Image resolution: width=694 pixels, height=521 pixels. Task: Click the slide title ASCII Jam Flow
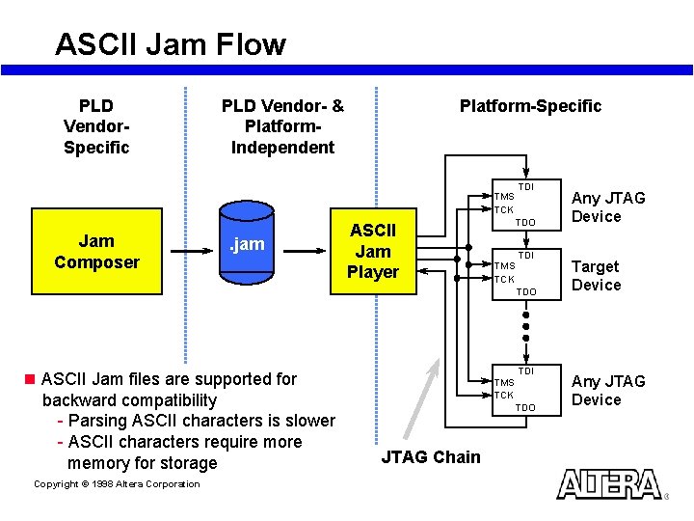[171, 44]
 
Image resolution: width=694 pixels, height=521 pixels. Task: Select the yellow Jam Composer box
[96, 252]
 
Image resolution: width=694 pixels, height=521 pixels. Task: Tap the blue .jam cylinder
[247, 245]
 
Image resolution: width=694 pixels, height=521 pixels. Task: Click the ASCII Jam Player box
[374, 252]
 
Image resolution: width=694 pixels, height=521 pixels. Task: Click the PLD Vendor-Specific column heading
[95, 126]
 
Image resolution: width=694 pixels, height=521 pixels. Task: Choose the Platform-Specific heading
[530, 106]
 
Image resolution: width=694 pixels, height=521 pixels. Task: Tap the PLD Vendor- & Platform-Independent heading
[282, 126]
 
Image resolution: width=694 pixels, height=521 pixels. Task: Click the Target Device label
[596, 276]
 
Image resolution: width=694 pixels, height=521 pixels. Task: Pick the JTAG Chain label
[431, 457]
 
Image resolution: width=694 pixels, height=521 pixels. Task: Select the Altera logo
[609, 484]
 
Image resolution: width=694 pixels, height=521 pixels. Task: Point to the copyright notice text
[117, 484]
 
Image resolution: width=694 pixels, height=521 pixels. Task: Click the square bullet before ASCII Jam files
[30, 379]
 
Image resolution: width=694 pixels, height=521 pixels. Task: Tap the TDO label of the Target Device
[525, 291]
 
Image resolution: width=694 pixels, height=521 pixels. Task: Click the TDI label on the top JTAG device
[526, 186]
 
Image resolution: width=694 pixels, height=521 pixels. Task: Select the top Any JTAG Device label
[608, 207]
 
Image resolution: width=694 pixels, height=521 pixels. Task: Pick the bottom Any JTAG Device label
[608, 391]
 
